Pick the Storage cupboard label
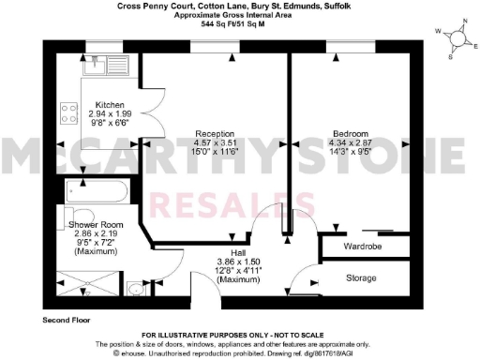click(361, 278)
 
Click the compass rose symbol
click(455, 38)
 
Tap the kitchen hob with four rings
click(68, 113)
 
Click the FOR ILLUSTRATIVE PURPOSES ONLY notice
click(240, 334)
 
